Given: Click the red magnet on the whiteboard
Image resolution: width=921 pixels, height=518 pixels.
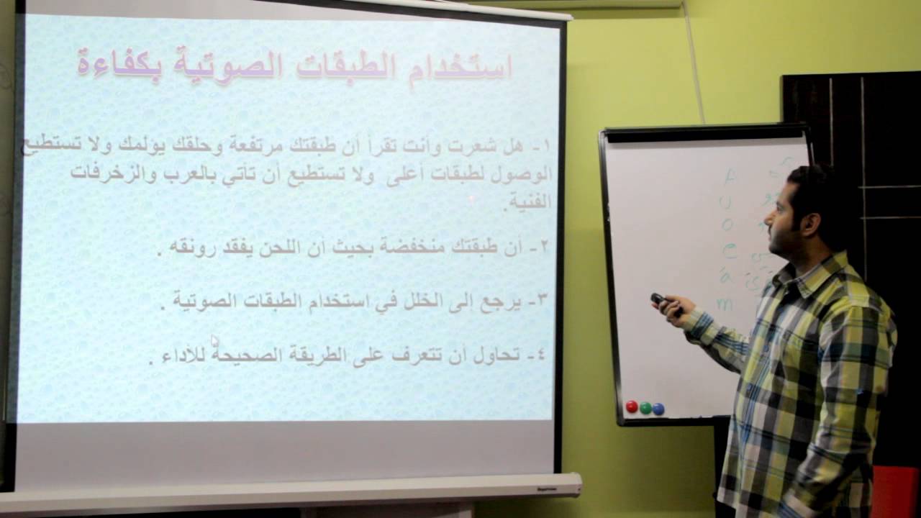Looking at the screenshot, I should [x=632, y=407].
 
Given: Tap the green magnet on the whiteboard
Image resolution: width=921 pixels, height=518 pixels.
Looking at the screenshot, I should [x=645, y=408].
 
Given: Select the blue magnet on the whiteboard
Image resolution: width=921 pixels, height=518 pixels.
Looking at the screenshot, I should [x=658, y=409].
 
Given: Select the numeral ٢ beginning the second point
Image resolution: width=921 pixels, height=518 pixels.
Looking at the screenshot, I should [x=544, y=247].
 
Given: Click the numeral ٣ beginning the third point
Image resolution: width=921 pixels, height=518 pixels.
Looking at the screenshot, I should [x=543, y=299].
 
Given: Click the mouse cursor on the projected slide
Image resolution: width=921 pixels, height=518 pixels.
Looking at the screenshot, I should [x=214, y=341].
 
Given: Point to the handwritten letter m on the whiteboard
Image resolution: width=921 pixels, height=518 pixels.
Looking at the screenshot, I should [x=725, y=304].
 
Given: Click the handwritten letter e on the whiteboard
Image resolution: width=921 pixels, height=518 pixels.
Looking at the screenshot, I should [x=729, y=251].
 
